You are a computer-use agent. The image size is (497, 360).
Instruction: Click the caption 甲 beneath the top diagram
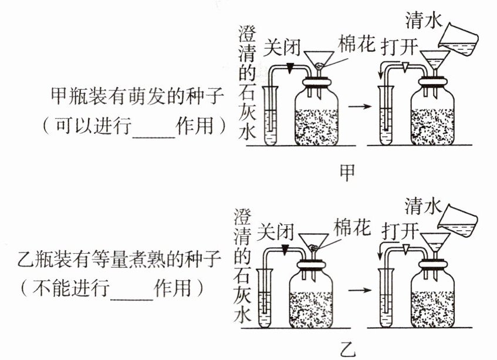pyautogui.click(x=348, y=172)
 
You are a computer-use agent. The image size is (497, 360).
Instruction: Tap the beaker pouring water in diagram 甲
pyautogui.click(x=459, y=36)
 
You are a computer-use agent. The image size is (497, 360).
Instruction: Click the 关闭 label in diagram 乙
pyautogui.click(x=278, y=230)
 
